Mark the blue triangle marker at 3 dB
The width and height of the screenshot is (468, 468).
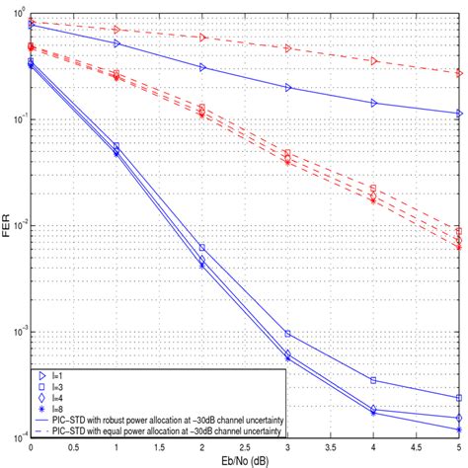point(288,87)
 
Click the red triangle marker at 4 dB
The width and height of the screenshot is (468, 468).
point(374,61)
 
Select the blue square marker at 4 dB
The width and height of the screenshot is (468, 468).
point(374,379)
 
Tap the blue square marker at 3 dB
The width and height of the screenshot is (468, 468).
point(288,334)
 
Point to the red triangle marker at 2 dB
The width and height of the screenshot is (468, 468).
point(202,37)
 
